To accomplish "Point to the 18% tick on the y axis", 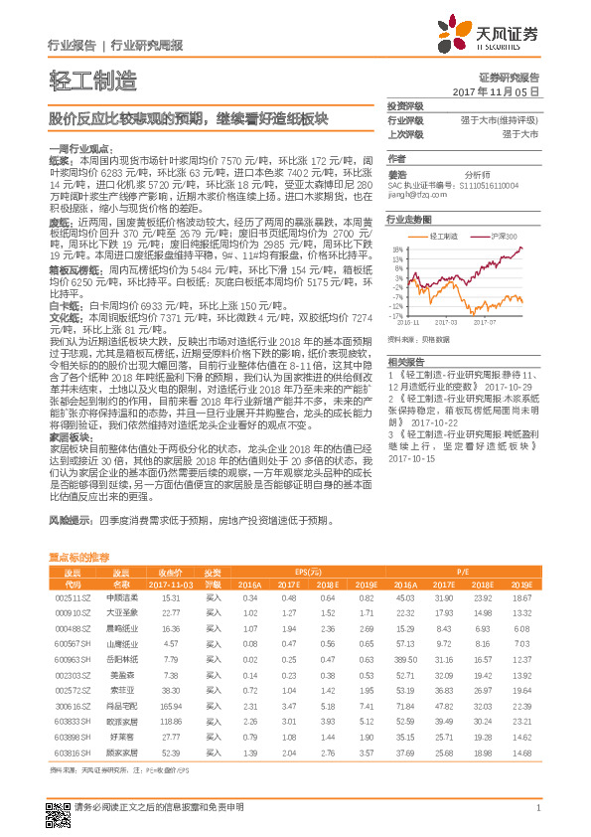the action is (x=397, y=249).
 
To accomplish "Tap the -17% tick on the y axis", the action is (x=396, y=314).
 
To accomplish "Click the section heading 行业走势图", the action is (x=409, y=219).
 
